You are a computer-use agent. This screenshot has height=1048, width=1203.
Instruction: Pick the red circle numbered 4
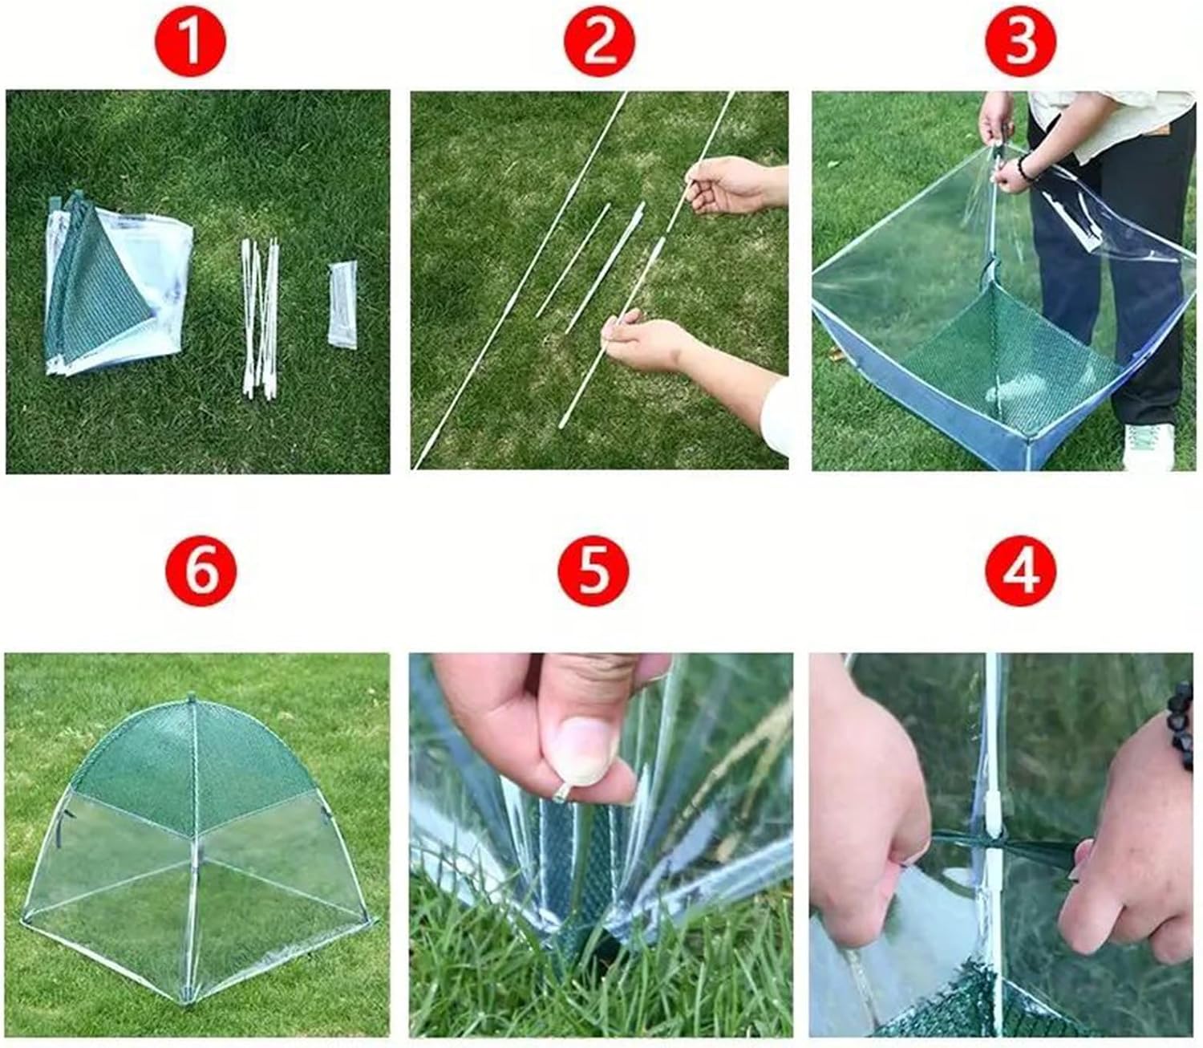pos(1020,571)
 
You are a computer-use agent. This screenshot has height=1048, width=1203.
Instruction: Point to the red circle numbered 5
pos(593,571)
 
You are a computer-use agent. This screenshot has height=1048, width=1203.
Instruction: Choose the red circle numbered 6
pos(201,571)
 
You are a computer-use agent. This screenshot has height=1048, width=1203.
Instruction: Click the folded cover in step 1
pos(118,283)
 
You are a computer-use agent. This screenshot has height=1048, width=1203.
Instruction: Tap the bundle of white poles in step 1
pos(260,318)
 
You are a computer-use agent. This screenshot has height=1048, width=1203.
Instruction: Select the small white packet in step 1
pos(342,306)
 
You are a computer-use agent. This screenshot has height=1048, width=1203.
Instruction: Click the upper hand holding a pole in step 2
pos(735,184)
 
